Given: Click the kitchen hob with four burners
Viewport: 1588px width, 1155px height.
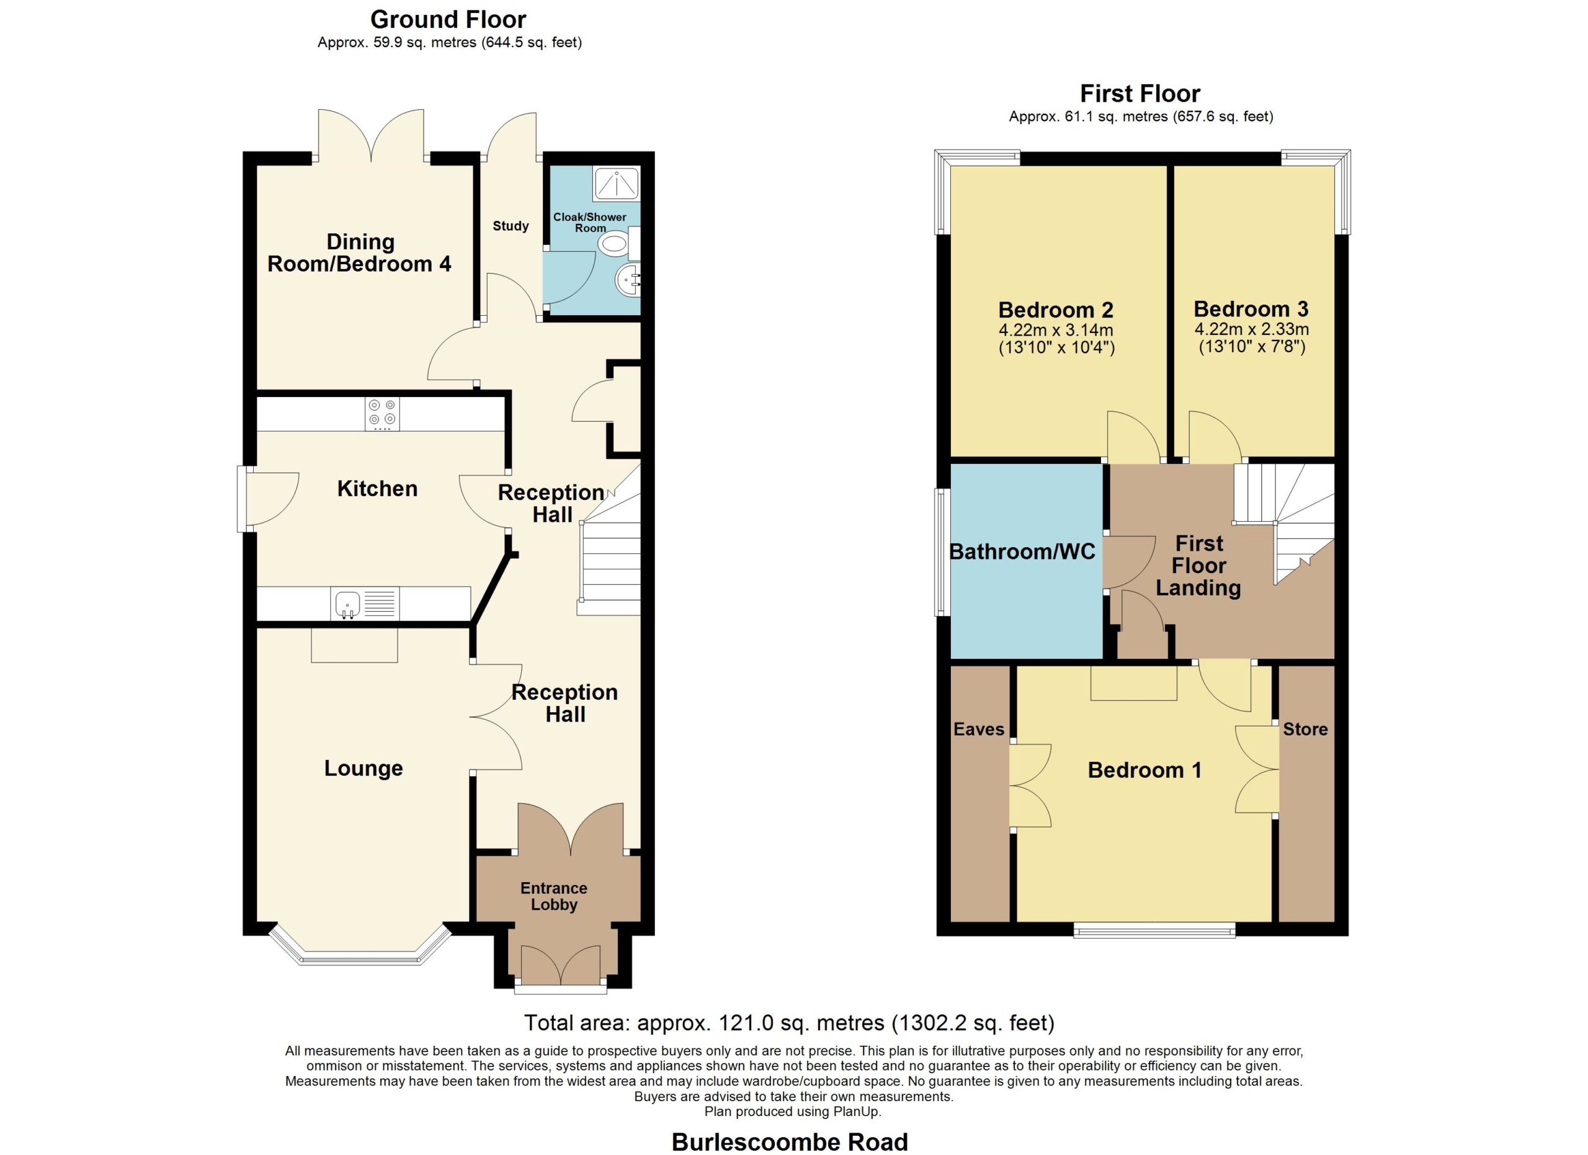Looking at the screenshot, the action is click(382, 414).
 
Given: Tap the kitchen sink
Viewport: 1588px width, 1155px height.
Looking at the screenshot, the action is click(347, 604).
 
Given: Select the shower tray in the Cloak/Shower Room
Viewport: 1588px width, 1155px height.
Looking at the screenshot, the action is click(616, 184).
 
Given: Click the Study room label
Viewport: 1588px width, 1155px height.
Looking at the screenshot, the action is click(511, 226).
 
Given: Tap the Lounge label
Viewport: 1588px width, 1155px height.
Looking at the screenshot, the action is click(364, 769).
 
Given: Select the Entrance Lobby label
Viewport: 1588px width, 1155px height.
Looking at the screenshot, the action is click(554, 896).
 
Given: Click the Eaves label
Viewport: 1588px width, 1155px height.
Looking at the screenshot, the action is click(979, 729).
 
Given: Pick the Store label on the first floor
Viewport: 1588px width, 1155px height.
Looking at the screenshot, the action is click(1305, 729).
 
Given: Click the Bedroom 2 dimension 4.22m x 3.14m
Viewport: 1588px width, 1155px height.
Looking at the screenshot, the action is click(1056, 330).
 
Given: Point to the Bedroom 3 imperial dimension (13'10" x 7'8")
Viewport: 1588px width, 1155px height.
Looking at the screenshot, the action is click(1252, 347).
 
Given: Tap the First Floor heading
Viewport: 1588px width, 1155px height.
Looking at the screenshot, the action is click(1140, 93).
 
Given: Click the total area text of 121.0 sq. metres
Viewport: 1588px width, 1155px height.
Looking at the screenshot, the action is click(789, 1023).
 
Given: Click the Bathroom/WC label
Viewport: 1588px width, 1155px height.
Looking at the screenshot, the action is click(1022, 551).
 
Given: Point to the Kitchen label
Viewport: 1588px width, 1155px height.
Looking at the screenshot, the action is click(377, 489).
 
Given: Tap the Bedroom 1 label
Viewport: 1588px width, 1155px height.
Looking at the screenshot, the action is click(1145, 770).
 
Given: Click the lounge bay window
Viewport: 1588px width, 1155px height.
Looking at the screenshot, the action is click(360, 957).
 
